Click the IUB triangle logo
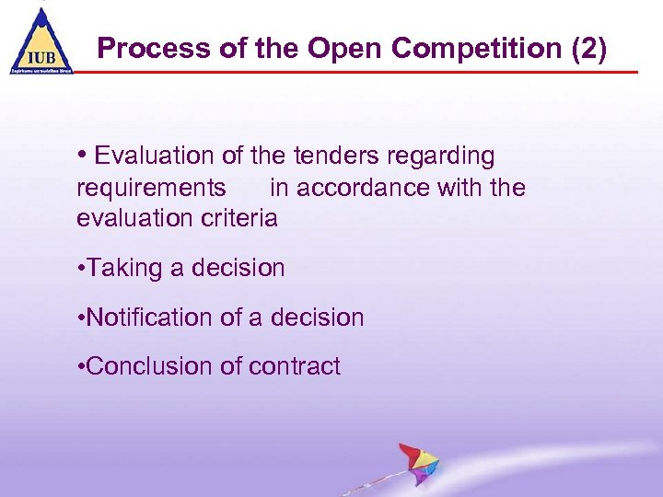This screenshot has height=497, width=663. [x=41, y=41]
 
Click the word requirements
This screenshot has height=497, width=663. [x=151, y=189]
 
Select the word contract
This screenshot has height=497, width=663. [x=293, y=367]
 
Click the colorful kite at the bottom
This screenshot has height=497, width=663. [x=419, y=464]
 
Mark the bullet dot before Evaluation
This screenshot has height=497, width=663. [x=83, y=155]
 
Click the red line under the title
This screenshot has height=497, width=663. [x=368, y=72]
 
